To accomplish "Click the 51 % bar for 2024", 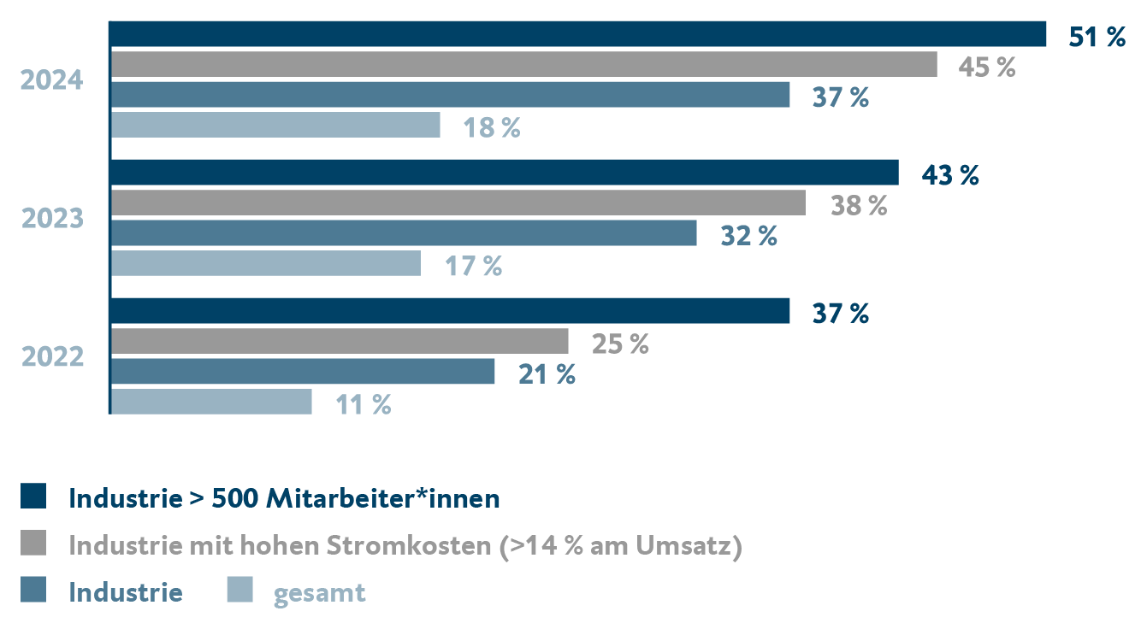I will [x=578, y=34].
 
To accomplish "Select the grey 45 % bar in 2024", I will [x=523, y=64].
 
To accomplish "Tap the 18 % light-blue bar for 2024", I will [x=275, y=125].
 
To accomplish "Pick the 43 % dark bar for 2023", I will [x=505, y=173].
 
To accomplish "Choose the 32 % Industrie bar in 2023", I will [x=404, y=233].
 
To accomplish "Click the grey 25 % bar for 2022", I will [x=340, y=341].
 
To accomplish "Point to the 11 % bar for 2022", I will [x=211, y=402].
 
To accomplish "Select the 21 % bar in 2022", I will [x=303, y=372].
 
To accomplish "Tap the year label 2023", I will [x=52, y=219].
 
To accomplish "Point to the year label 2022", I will [x=52, y=356].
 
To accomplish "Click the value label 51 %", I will [x=1097, y=37].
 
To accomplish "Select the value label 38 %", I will [x=859, y=205].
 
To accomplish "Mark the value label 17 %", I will [x=473, y=266].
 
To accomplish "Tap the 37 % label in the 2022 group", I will [x=840, y=314].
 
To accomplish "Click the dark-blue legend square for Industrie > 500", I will [x=33, y=497].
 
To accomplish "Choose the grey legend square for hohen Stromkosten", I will [x=33, y=544].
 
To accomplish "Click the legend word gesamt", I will [x=319, y=592].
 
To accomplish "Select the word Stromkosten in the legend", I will [x=419, y=545].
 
